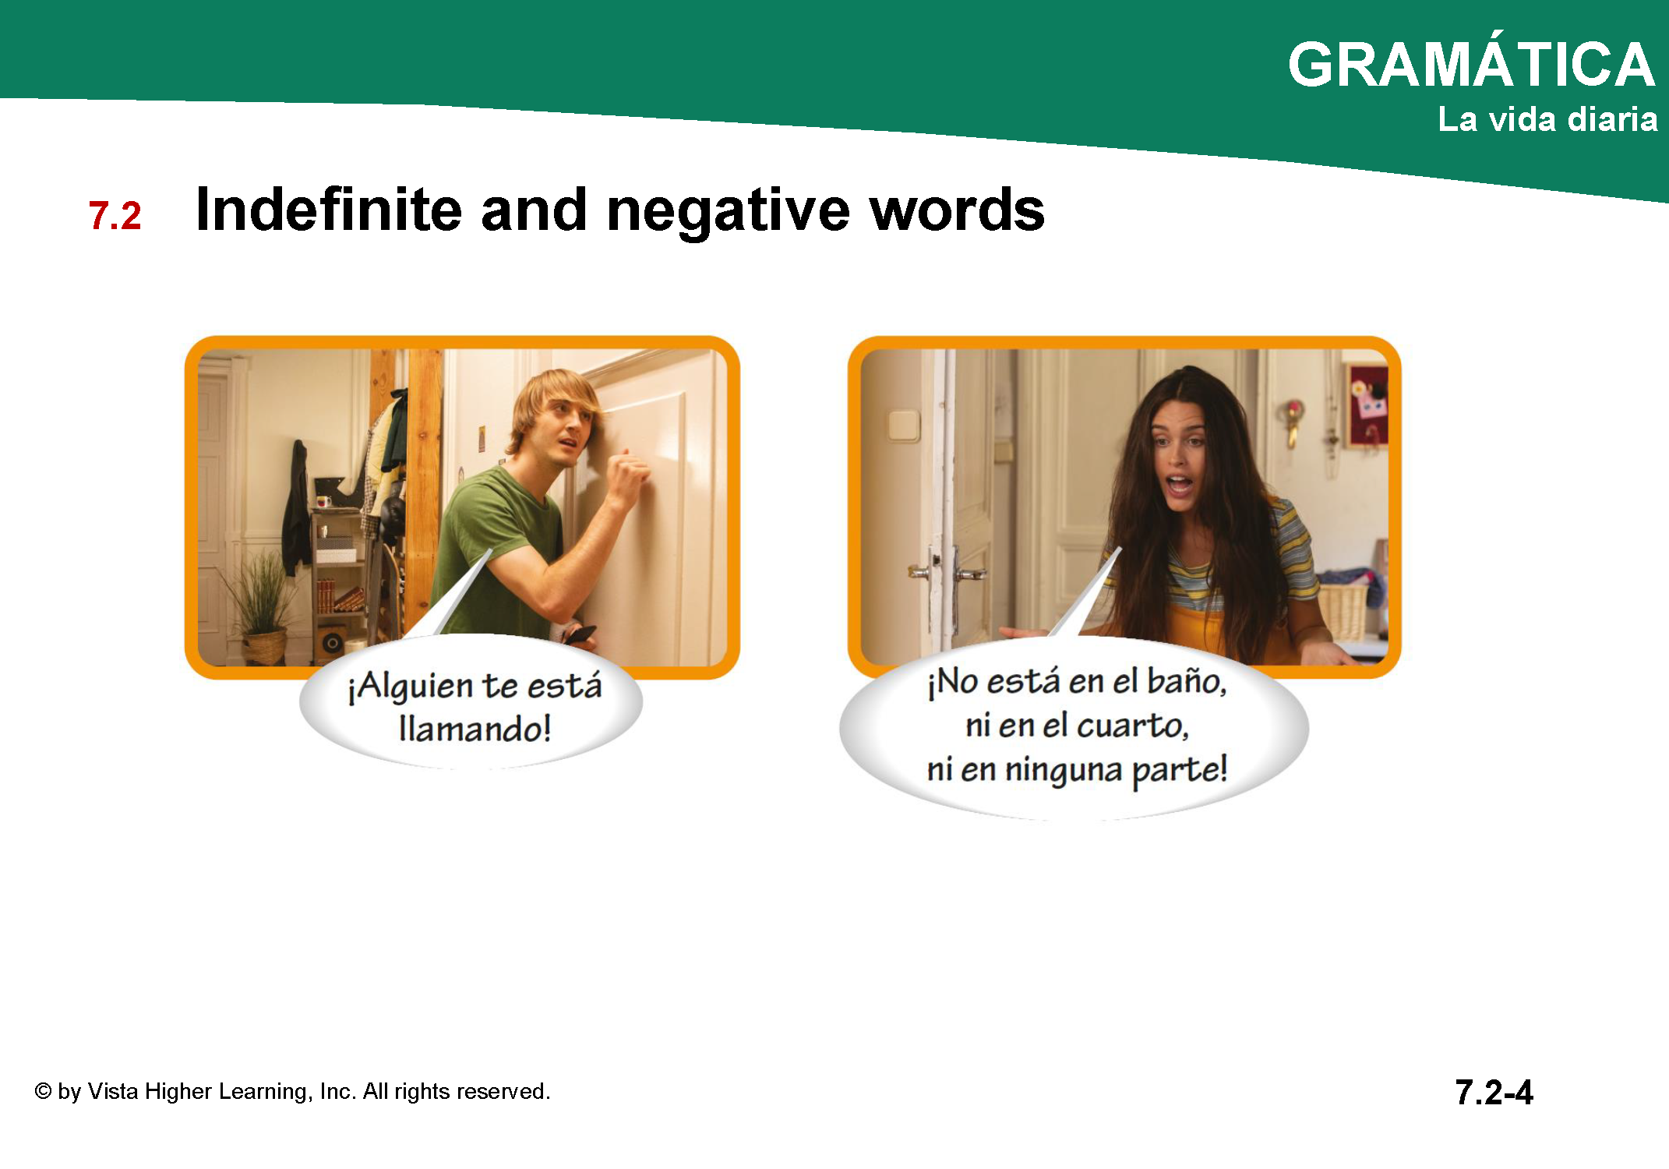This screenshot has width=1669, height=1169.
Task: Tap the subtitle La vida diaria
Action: click(1547, 119)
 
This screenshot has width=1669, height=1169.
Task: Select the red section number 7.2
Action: click(115, 216)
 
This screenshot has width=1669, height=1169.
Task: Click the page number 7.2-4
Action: click(1494, 1093)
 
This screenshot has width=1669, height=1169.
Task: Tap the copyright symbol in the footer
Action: click(43, 1092)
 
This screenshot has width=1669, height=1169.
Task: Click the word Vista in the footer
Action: click(113, 1091)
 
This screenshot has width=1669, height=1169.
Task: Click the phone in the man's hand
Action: click(580, 634)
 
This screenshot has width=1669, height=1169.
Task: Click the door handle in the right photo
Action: click(969, 574)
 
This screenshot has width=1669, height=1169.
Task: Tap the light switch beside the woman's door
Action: click(904, 426)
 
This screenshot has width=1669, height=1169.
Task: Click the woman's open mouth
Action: click(1179, 485)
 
